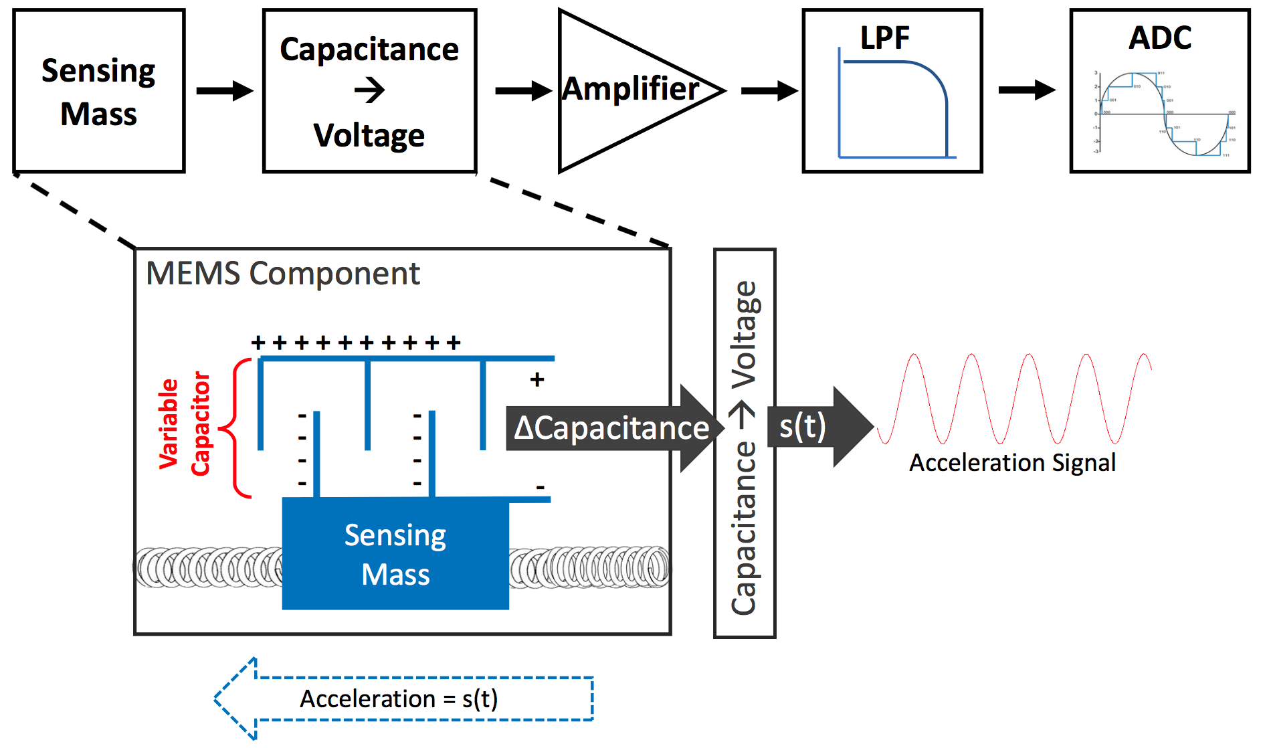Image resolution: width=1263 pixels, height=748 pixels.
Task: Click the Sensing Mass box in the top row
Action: (x=99, y=91)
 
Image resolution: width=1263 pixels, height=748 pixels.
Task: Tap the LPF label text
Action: (x=884, y=38)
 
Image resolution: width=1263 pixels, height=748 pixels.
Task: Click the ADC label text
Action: (x=1160, y=38)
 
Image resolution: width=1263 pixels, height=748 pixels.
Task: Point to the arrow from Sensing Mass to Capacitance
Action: (x=224, y=90)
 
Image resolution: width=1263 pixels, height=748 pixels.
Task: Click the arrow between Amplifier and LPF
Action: (x=769, y=90)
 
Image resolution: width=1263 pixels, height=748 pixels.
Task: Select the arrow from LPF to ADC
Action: (x=1026, y=90)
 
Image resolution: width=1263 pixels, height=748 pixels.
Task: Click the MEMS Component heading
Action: (x=283, y=274)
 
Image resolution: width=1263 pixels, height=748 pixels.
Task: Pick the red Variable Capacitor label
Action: (x=184, y=424)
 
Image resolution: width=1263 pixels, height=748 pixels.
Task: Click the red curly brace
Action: (x=237, y=428)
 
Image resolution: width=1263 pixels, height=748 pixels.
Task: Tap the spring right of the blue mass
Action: (x=589, y=567)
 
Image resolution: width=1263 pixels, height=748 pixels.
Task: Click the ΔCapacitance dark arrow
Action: (x=612, y=428)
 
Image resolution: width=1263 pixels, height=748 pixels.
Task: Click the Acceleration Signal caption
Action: (x=1012, y=463)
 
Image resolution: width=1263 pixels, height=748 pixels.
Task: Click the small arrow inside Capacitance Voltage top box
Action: (x=370, y=90)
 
